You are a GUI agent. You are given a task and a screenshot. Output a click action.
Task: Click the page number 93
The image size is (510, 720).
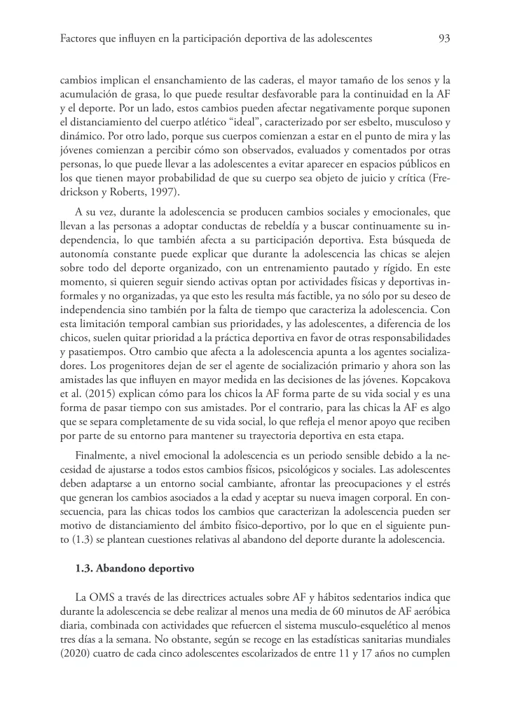point(443,39)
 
